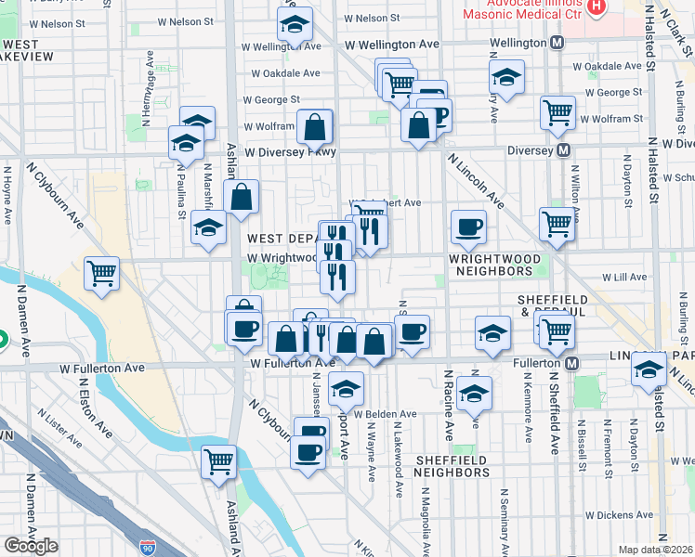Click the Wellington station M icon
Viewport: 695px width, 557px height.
click(x=557, y=43)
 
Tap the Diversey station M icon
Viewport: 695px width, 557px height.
click(x=563, y=149)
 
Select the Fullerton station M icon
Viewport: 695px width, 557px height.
click(x=572, y=361)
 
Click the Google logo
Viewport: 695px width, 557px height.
click(x=31, y=545)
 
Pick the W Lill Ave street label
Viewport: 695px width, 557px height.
click(x=623, y=277)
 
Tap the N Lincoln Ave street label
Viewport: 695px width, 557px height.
click(x=475, y=181)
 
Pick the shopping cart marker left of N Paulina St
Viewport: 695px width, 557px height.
click(x=102, y=274)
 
